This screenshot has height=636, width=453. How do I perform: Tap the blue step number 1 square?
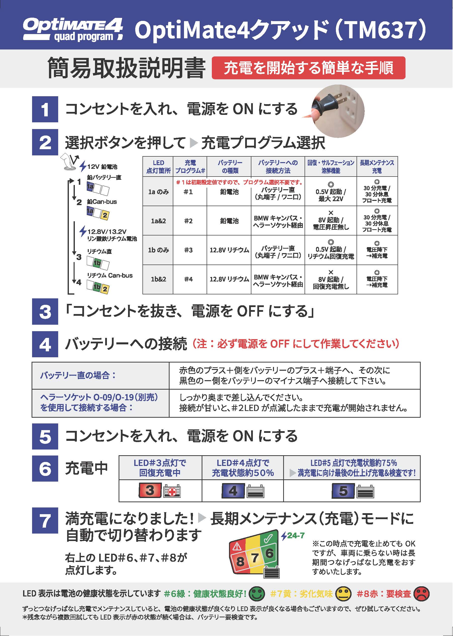click(45, 109)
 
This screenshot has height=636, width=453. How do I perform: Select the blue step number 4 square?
click(45, 344)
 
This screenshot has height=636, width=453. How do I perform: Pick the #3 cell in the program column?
click(188, 250)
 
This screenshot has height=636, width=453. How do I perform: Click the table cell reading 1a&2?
click(158, 221)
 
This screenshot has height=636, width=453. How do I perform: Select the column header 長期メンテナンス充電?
click(377, 167)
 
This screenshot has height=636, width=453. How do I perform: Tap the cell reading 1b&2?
click(158, 279)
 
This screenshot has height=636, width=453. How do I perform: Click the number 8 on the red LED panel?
click(240, 561)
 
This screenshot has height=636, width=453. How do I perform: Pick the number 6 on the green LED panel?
click(269, 553)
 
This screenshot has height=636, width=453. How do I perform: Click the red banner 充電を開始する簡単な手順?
click(308, 68)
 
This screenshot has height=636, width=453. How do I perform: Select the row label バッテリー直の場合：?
click(78, 375)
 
